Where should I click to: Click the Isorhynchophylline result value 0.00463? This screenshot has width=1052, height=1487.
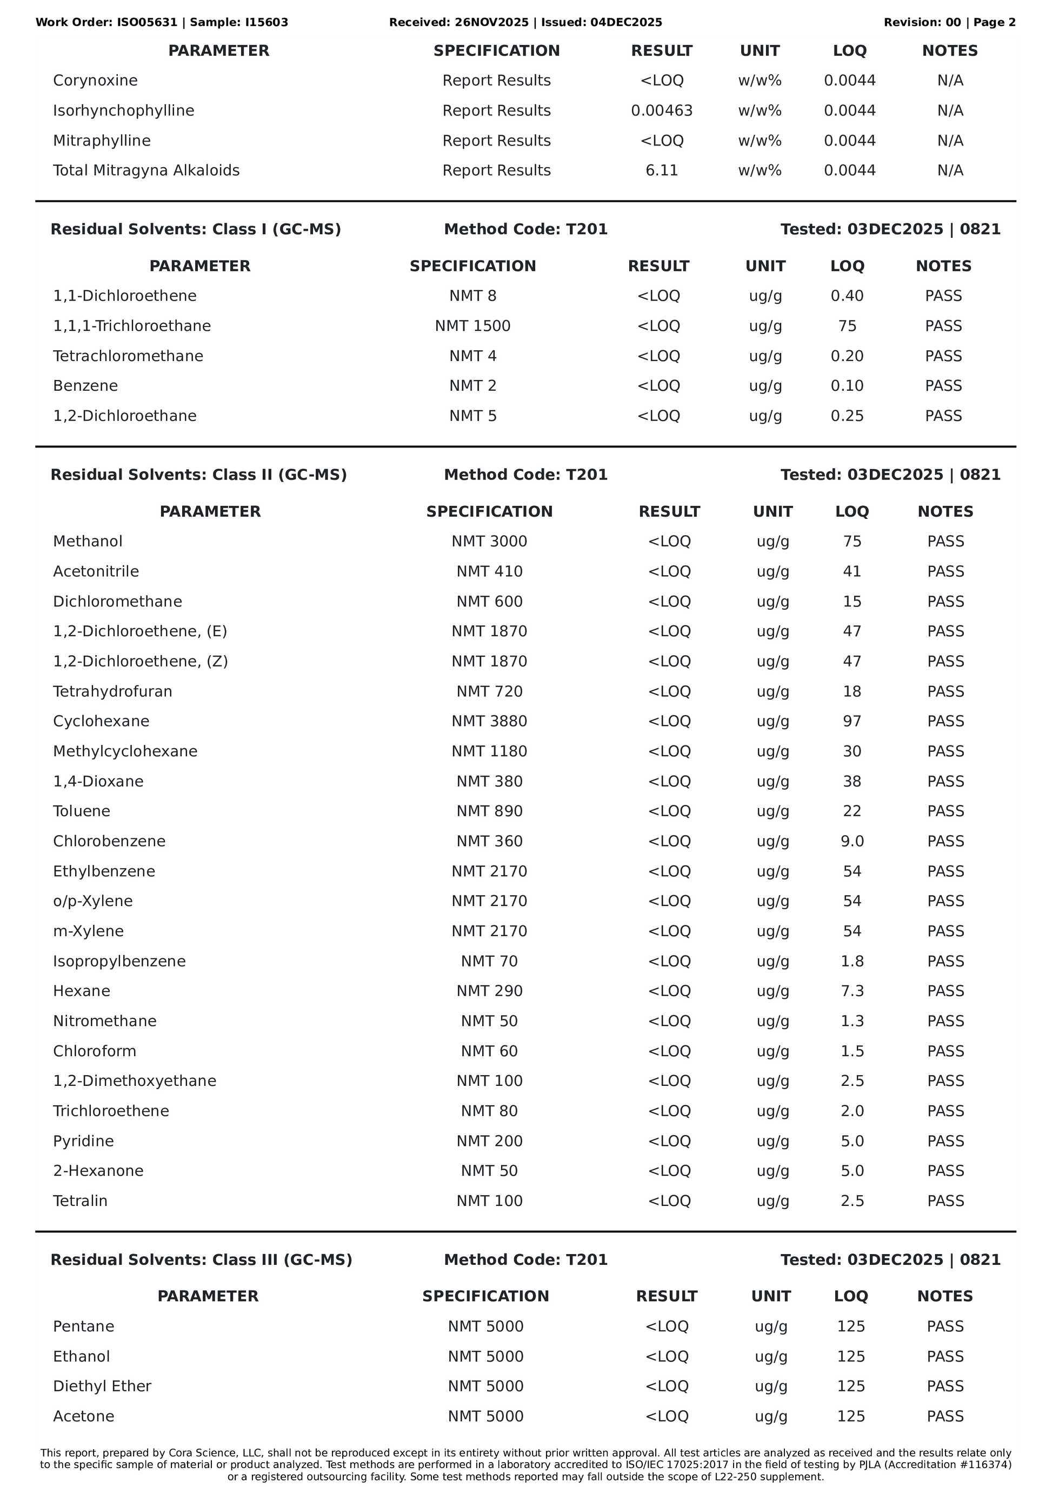(x=661, y=111)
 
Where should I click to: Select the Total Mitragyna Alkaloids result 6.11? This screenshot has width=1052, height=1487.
(x=661, y=170)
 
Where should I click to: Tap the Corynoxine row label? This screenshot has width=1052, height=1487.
(x=95, y=81)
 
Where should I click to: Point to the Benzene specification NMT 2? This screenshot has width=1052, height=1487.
(x=472, y=386)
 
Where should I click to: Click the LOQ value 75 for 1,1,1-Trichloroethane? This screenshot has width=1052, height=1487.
(x=847, y=326)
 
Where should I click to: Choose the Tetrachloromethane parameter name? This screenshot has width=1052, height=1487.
(x=128, y=356)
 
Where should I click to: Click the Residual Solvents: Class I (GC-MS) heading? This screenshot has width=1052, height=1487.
(x=196, y=229)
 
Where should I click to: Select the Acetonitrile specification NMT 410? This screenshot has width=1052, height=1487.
(x=489, y=571)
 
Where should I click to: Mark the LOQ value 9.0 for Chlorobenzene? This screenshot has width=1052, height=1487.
(x=852, y=841)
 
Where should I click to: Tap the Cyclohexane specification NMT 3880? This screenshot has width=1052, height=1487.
(x=489, y=722)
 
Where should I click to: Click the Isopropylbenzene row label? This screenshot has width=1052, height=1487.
(x=119, y=961)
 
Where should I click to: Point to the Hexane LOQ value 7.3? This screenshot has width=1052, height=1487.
(x=852, y=991)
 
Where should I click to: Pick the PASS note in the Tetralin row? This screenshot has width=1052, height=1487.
(x=945, y=1201)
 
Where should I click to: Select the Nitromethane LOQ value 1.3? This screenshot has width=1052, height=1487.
(x=852, y=1022)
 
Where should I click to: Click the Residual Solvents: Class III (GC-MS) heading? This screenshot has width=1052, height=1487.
(x=202, y=1259)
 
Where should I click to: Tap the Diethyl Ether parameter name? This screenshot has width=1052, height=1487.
(x=102, y=1386)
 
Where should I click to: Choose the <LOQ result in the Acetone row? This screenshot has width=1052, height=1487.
(x=667, y=1416)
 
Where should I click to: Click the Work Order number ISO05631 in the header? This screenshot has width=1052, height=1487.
(x=147, y=23)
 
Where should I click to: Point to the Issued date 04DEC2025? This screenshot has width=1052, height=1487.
(x=626, y=23)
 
